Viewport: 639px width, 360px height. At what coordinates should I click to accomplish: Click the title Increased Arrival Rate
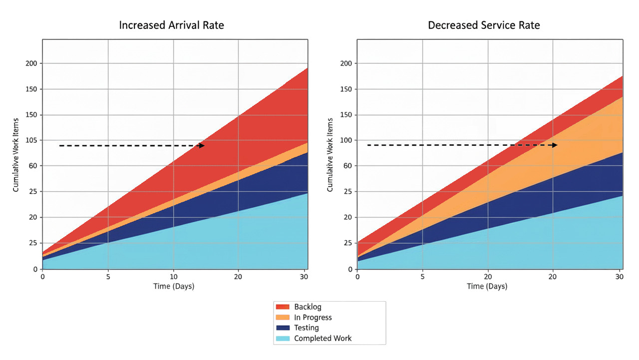click(171, 25)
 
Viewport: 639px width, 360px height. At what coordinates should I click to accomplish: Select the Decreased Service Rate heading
click(484, 25)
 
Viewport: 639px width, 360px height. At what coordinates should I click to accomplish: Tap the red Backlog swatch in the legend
click(283, 307)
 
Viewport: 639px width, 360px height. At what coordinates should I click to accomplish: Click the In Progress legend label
click(313, 318)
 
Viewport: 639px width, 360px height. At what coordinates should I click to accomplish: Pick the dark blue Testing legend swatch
click(283, 328)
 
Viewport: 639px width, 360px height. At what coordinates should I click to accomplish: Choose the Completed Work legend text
click(322, 339)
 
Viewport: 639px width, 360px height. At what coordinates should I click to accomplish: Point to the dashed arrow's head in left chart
click(202, 146)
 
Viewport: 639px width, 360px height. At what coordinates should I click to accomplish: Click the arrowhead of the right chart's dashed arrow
click(555, 145)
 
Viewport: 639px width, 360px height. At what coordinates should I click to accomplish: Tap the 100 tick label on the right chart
click(345, 140)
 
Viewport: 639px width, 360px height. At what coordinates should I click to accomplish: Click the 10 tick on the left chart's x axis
click(173, 277)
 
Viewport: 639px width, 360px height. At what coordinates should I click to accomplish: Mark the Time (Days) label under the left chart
click(173, 287)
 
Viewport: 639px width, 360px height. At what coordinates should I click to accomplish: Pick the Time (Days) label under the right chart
click(487, 287)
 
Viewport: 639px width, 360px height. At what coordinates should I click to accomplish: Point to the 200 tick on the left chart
click(31, 63)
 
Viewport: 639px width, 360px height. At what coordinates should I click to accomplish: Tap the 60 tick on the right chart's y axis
click(347, 166)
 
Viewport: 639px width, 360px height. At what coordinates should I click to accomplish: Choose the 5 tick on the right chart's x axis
click(422, 277)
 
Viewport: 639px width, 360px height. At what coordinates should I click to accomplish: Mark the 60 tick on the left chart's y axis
click(33, 166)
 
